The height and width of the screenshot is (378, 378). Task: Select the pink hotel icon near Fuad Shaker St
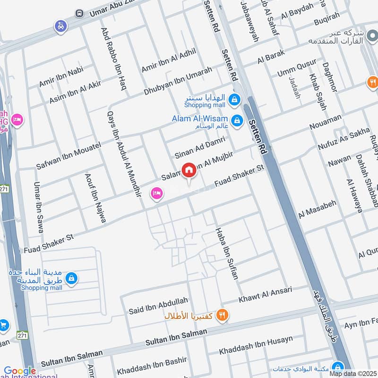[x=156, y=193]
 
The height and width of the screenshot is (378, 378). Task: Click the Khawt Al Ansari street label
[x=266, y=294]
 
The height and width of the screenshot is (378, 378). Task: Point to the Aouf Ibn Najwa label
[x=95, y=198]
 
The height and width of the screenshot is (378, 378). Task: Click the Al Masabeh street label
[x=317, y=208]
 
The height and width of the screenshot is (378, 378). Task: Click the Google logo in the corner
[x=20, y=371]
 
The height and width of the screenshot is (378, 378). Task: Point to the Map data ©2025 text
[x=353, y=374]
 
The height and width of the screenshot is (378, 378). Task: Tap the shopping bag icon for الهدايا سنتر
[x=233, y=99]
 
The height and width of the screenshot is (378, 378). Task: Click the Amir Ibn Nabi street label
[x=61, y=77]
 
